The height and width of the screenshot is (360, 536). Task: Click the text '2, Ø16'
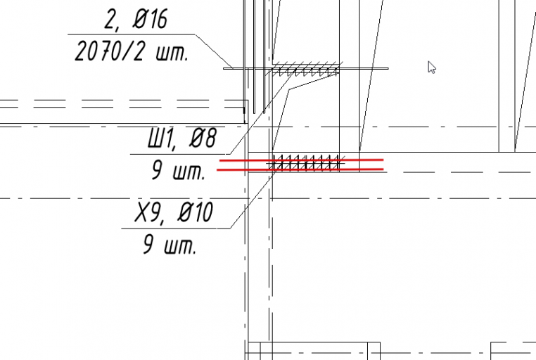click(x=136, y=20)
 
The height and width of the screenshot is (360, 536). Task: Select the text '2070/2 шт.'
click(x=132, y=51)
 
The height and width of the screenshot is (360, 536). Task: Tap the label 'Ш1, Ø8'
click(x=182, y=139)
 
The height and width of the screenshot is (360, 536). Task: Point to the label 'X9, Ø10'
click(x=174, y=212)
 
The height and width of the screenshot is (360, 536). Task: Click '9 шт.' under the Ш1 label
click(x=178, y=170)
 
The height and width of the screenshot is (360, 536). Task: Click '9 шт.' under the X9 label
click(x=170, y=244)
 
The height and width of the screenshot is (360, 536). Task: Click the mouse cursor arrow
click(x=432, y=67)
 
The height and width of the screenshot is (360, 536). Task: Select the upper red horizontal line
click(x=301, y=160)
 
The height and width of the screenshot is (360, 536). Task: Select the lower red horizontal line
click(x=300, y=169)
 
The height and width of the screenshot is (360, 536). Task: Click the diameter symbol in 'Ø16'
click(x=139, y=20)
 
